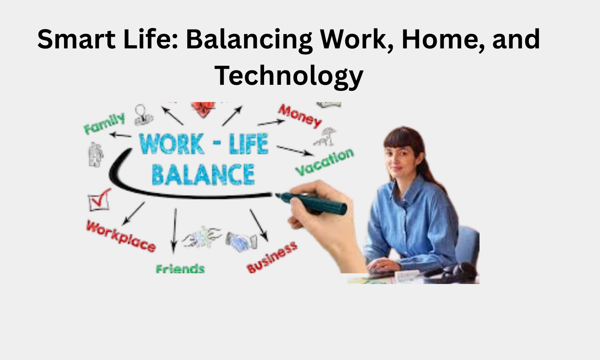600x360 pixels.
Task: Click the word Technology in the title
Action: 288,76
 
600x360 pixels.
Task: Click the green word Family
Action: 104,124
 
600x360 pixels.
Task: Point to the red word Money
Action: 300,115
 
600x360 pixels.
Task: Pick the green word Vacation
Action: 324,162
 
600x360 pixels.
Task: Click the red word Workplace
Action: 121,236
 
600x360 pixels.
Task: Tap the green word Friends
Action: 180,268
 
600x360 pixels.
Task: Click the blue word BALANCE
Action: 203,175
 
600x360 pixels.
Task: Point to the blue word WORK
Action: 172,144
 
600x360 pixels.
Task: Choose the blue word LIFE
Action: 248,144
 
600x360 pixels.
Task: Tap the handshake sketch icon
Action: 241,242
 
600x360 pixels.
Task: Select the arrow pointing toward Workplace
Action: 134,213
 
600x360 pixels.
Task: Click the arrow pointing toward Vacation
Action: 295,150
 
